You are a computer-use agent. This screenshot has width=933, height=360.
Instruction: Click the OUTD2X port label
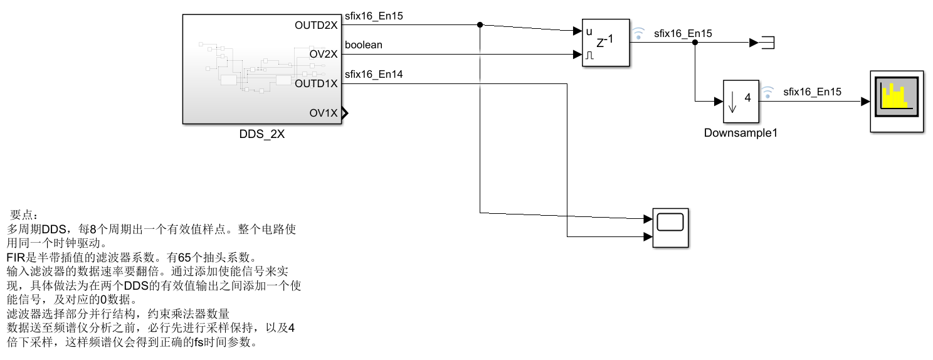pyautogui.click(x=316, y=26)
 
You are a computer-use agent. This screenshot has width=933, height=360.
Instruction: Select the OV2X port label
pyautogui.click(x=324, y=55)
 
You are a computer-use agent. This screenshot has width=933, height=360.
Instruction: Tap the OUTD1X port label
pyautogui.click(x=316, y=83)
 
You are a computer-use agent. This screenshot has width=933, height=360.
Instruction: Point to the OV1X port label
pyautogui.click(x=324, y=113)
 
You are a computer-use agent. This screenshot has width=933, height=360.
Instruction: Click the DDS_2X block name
pyautogui.click(x=262, y=134)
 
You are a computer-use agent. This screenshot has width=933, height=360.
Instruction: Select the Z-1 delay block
pyautogui.click(x=606, y=43)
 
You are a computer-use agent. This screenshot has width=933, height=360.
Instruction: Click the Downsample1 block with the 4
pyautogui.click(x=741, y=102)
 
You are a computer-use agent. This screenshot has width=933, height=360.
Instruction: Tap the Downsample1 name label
pyautogui.click(x=741, y=133)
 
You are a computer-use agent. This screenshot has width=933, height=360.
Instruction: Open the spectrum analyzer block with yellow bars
pyautogui.click(x=896, y=101)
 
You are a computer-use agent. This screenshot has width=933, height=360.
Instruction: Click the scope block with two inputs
pyautogui.click(x=670, y=228)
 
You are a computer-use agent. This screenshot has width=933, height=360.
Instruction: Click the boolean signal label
pyautogui.click(x=364, y=45)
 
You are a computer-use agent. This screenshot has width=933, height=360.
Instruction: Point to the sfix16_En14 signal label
pyautogui.click(x=374, y=75)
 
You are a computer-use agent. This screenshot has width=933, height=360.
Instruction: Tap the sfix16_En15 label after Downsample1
pyautogui.click(x=812, y=92)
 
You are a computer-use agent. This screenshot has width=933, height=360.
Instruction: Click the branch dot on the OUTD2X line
pyautogui.click(x=480, y=25)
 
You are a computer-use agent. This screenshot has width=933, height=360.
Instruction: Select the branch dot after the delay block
pyautogui.click(x=695, y=43)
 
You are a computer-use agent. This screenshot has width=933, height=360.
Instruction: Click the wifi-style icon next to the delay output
pyautogui.click(x=638, y=33)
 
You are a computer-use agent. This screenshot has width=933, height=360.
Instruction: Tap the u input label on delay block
pyautogui.click(x=589, y=31)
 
